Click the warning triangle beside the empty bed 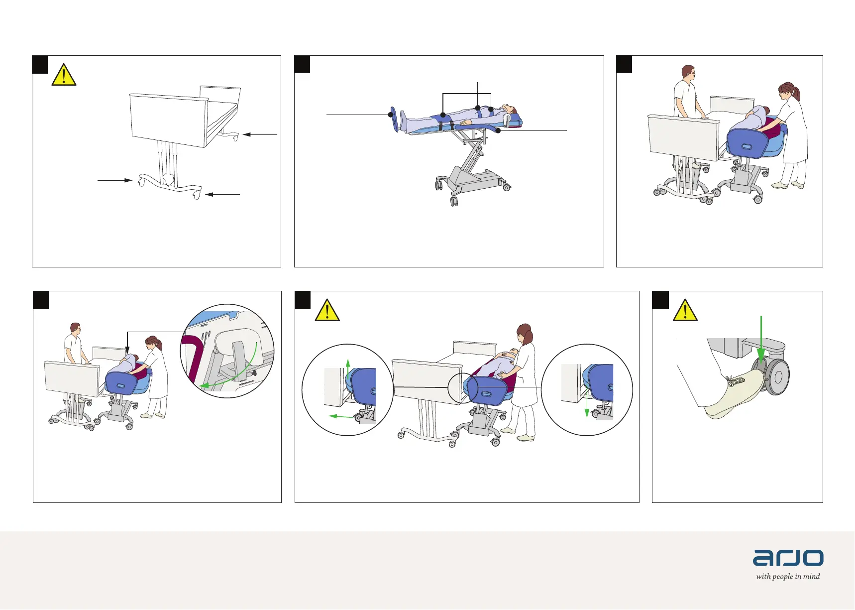[64, 76]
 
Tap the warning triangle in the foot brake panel [685, 311]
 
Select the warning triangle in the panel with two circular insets [327, 311]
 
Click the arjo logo [788, 558]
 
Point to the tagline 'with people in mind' [788, 577]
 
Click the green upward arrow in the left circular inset [348, 368]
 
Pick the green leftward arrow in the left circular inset [340, 416]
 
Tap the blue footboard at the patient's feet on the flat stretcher [394, 119]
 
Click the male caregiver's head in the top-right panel [688, 73]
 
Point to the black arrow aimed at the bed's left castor [114, 180]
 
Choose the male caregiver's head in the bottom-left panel [75, 329]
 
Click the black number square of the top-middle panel [302, 64]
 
